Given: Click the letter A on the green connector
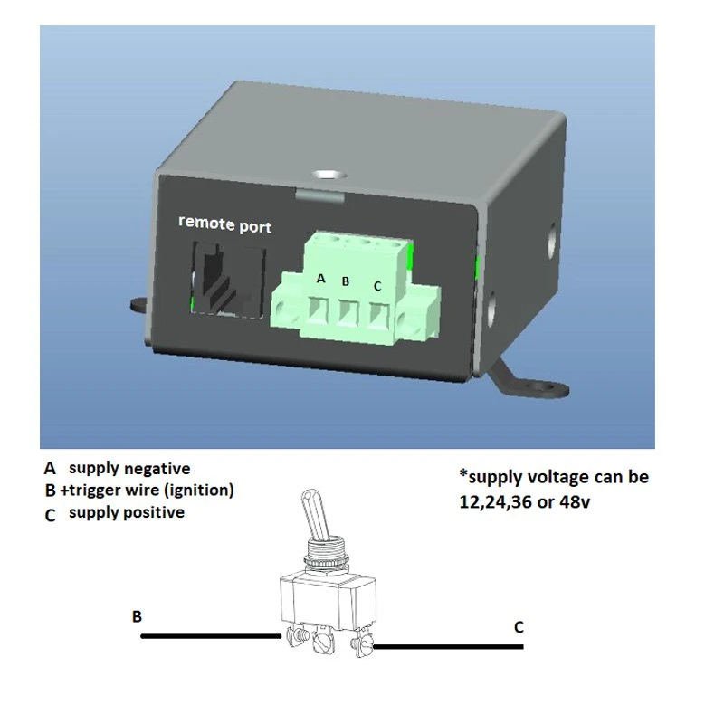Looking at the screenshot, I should (320, 280).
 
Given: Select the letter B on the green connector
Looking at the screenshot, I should (345, 281).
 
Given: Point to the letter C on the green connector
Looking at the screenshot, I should (377, 286).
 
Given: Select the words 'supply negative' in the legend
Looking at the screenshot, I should (129, 469).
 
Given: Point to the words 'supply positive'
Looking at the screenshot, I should (127, 513).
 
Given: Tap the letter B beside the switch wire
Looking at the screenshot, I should (138, 616).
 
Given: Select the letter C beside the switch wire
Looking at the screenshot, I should (519, 626).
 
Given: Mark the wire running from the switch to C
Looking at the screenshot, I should (448, 646).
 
